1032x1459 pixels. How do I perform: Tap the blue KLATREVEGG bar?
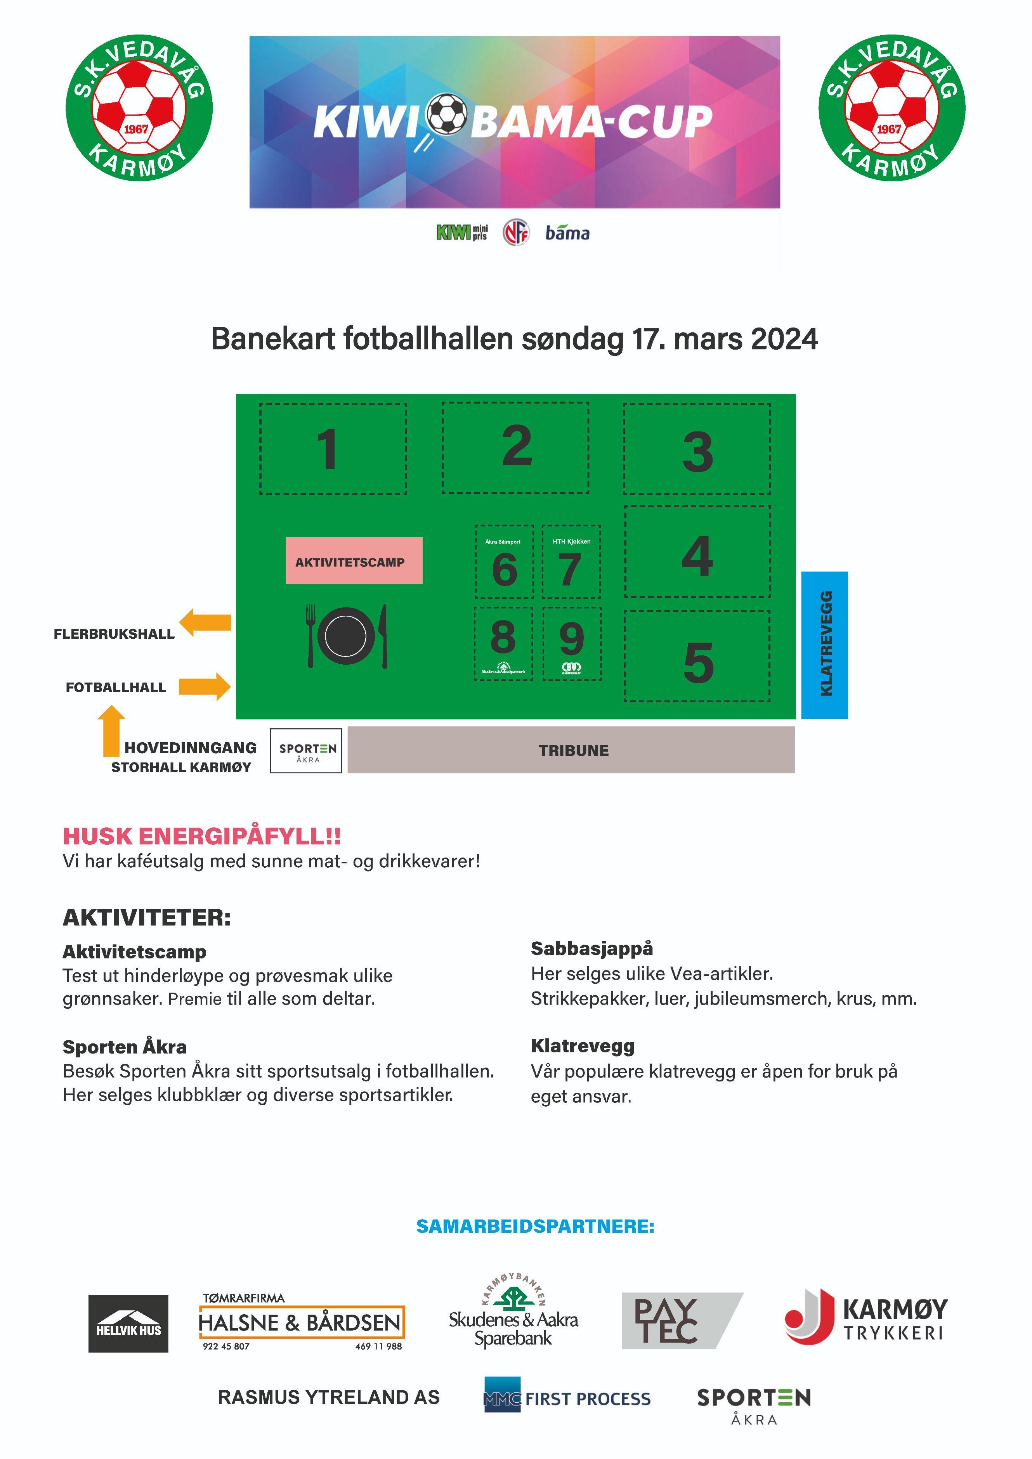pyautogui.click(x=824, y=645)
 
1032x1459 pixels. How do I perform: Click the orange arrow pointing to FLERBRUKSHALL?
pyautogui.click(x=205, y=622)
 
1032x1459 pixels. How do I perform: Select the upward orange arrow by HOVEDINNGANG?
pyautogui.click(x=111, y=731)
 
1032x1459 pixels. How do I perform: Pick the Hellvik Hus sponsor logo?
pyautogui.click(x=128, y=1324)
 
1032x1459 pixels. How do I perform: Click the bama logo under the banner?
pyautogui.click(x=567, y=233)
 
